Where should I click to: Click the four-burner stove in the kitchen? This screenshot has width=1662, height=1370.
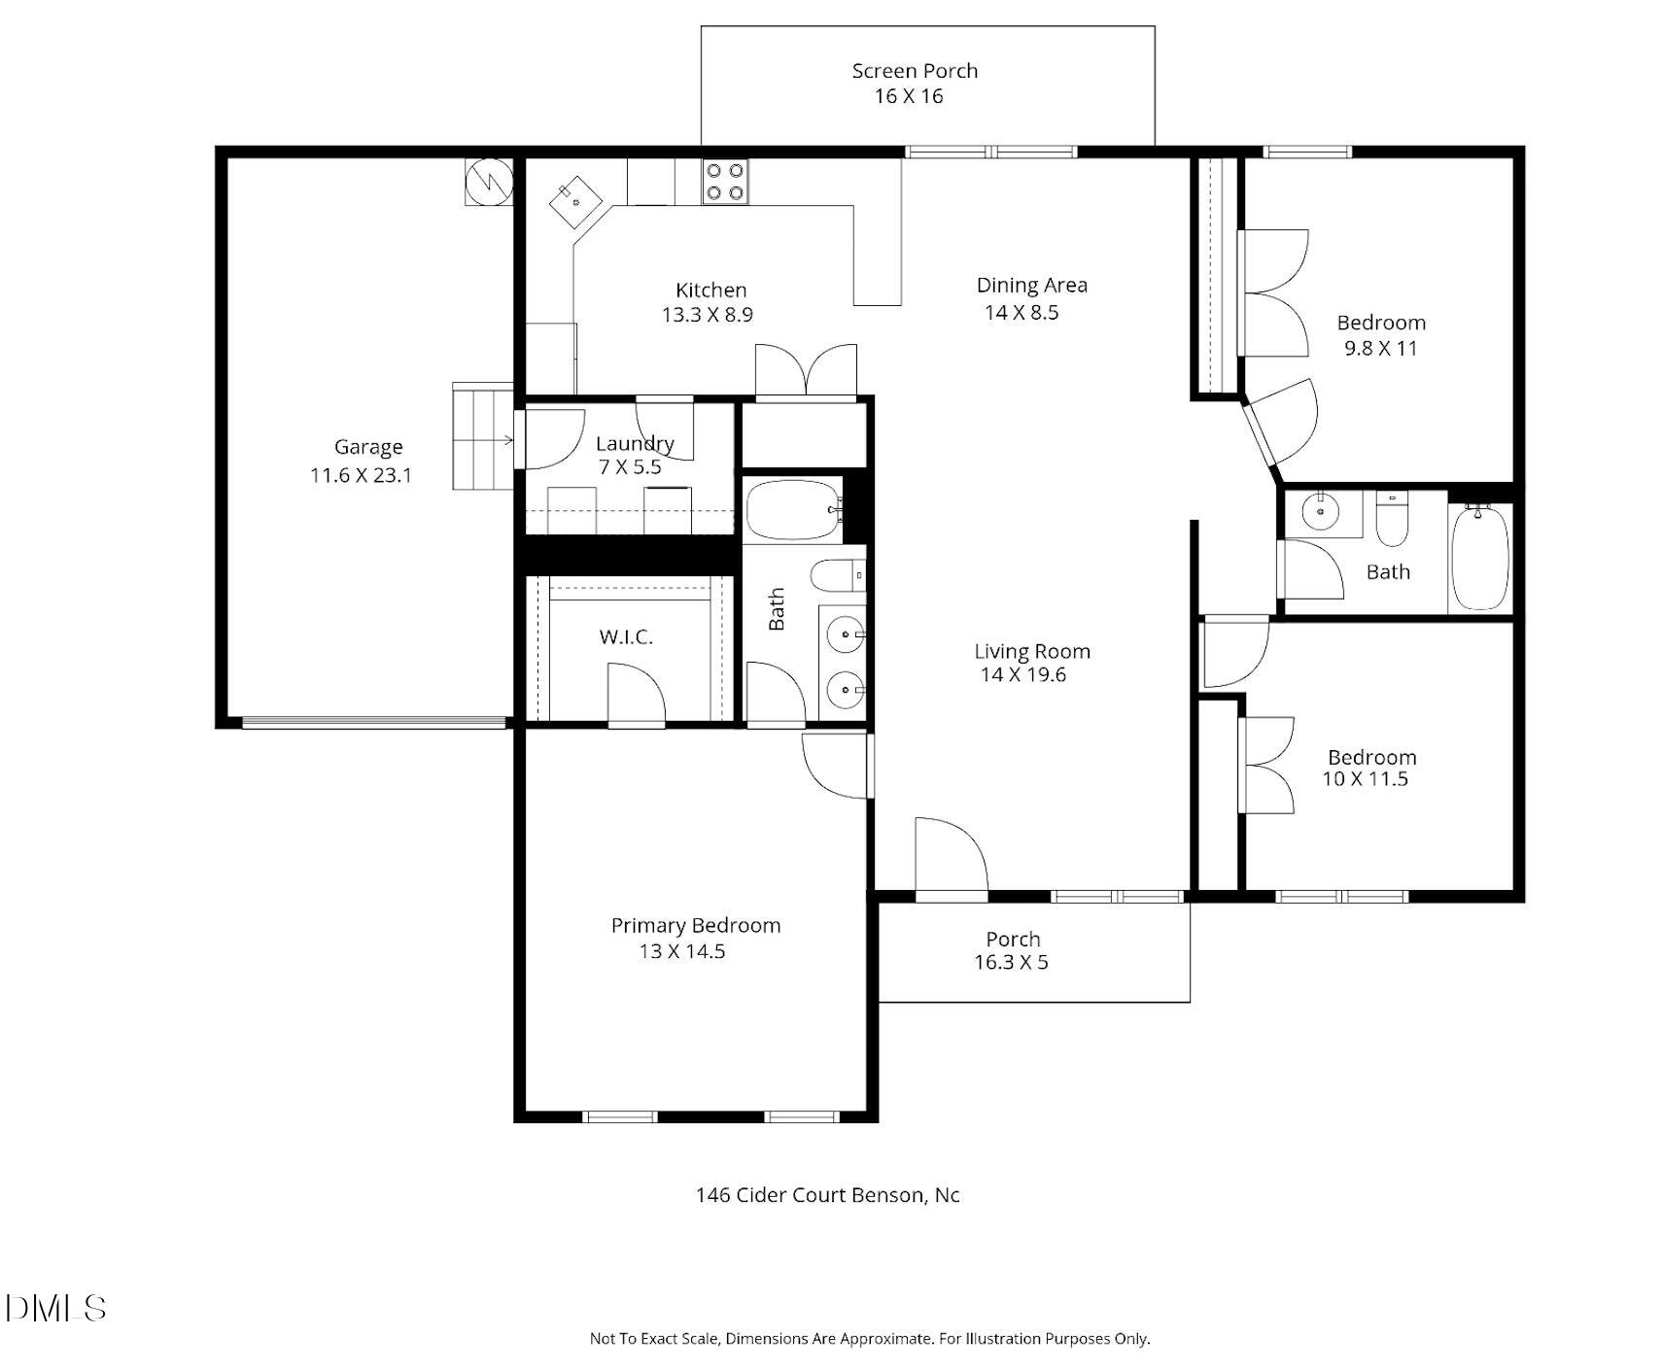(x=725, y=181)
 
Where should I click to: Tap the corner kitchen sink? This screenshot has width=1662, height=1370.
(x=575, y=202)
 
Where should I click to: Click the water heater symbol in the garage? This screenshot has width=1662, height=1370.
(x=489, y=181)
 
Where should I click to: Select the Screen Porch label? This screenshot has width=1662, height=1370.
(x=914, y=71)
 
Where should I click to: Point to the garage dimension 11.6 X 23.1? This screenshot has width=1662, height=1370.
(x=361, y=476)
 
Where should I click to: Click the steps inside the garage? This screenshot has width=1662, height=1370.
(x=482, y=436)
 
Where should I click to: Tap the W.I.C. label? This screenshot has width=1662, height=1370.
(x=625, y=637)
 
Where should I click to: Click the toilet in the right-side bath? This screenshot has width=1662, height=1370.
(x=1392, y=523)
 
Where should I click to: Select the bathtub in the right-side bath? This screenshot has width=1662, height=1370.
(x=1479, y=558)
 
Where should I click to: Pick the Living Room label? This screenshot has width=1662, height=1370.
(x=1031, y=651)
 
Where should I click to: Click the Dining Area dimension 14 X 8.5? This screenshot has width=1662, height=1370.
(x=1021, y=312)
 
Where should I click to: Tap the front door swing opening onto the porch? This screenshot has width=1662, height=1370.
(x=951, y=855)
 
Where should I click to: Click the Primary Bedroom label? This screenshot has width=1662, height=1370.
(x=695, y=925)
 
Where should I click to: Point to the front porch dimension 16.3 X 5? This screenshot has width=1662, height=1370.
(x=1011, y=963)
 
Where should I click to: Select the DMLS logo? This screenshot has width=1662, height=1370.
(x=55, y=1308)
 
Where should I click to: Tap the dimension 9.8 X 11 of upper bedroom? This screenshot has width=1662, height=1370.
(x=1380, y=349)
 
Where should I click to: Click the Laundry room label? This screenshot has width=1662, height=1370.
(x=634, y=444)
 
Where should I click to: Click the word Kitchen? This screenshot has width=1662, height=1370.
(x=710, y=290)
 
